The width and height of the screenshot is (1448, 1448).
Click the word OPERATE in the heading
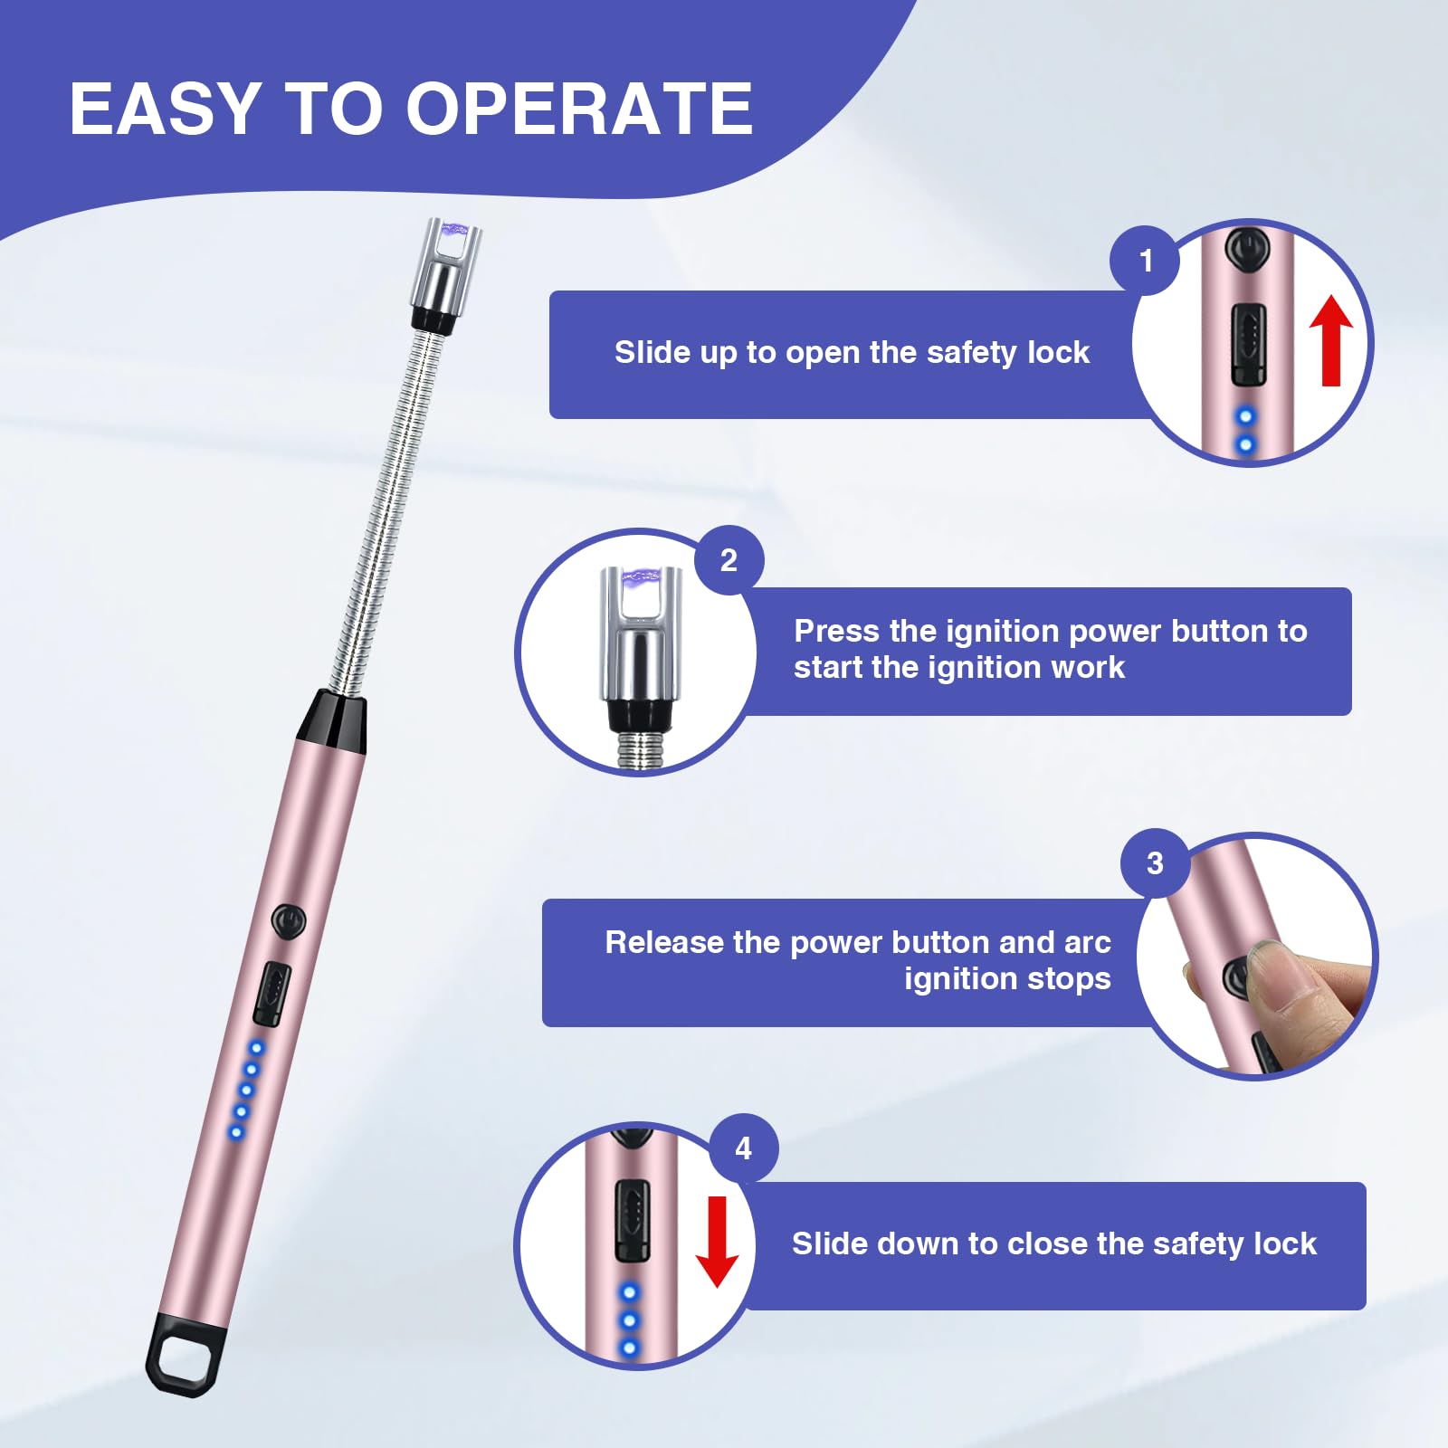coord(579,109)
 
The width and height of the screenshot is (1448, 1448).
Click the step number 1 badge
coord(1146,261)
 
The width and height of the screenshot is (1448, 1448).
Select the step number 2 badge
coord(729,560)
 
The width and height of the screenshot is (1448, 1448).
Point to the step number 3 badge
coord(1155,862)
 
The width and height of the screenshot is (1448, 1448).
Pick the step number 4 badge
coord(743,1148)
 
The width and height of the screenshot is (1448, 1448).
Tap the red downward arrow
coord(718,1241)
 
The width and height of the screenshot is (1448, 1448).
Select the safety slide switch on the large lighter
coord(271,994)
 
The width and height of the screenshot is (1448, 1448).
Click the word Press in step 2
coord(837,631)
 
